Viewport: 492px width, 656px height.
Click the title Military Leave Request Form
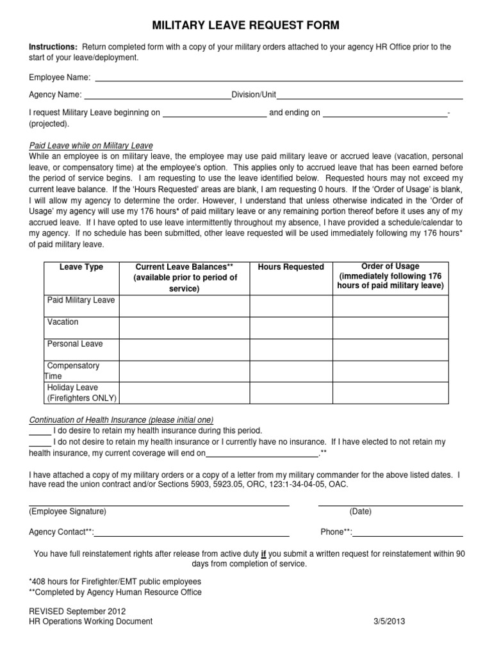245,26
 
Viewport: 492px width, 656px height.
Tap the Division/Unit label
254,95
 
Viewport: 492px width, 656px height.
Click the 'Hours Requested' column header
290,267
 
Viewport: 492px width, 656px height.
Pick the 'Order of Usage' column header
390,276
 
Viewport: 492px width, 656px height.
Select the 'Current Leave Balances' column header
184,277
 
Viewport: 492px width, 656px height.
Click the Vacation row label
63,322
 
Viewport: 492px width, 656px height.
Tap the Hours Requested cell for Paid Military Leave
290,306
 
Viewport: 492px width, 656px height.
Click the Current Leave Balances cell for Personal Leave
184,349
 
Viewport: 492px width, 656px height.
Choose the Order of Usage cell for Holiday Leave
390,393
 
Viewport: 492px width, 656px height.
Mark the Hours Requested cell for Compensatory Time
290,371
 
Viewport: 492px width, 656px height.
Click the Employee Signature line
159,504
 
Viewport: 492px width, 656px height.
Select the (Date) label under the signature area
360,512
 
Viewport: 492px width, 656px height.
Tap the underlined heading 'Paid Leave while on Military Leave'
91,145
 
